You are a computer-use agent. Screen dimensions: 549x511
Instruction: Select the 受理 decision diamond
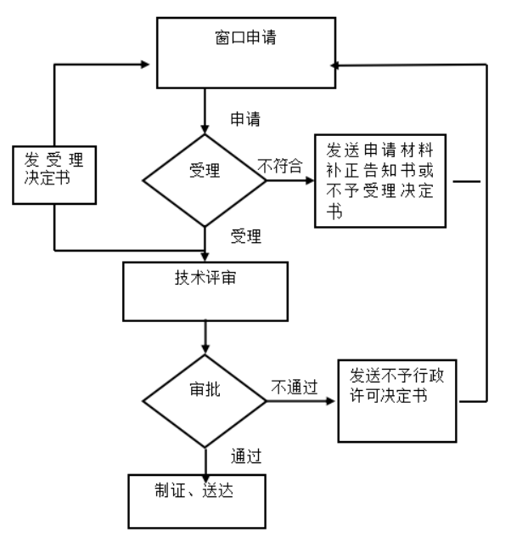click(204, 179)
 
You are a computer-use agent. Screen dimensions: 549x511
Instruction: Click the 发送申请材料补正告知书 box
click(379, 180)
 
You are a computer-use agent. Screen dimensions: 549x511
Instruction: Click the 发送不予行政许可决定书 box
click(399, 400)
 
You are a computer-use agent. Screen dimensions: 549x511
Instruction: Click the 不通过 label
click(294, 387)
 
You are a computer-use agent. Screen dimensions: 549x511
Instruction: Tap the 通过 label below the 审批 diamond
click(245, 457)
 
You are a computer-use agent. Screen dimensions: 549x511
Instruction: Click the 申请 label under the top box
click(245, 119)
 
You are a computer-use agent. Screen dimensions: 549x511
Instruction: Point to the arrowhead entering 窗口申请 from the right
click(337, 64)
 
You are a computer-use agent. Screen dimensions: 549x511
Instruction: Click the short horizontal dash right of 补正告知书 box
click(466, 181)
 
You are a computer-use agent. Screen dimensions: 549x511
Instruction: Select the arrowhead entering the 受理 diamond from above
click(205, 127)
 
